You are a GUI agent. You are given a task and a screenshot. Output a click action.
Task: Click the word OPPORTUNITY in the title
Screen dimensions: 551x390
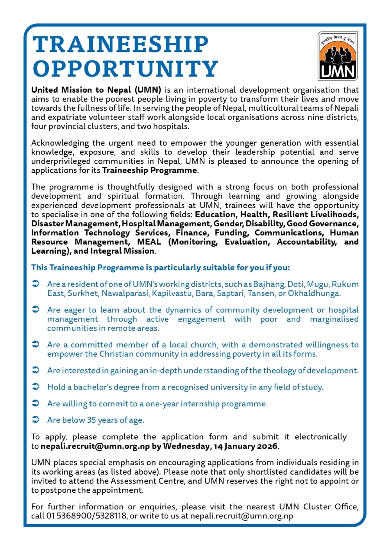(126, 69)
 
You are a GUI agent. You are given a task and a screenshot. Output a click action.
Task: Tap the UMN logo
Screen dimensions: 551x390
(338, 56)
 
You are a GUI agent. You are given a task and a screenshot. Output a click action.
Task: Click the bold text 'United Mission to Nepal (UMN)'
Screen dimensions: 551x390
(96, 90)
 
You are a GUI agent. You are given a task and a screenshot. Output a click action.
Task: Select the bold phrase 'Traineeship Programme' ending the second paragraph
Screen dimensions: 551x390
(149, 170)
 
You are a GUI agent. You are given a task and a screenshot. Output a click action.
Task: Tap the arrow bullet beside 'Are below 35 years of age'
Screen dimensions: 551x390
(36, 419)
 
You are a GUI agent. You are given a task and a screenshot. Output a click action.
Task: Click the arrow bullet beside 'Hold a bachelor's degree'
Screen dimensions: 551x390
(36, 387)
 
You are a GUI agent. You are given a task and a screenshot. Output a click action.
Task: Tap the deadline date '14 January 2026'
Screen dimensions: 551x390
(243, 445)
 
